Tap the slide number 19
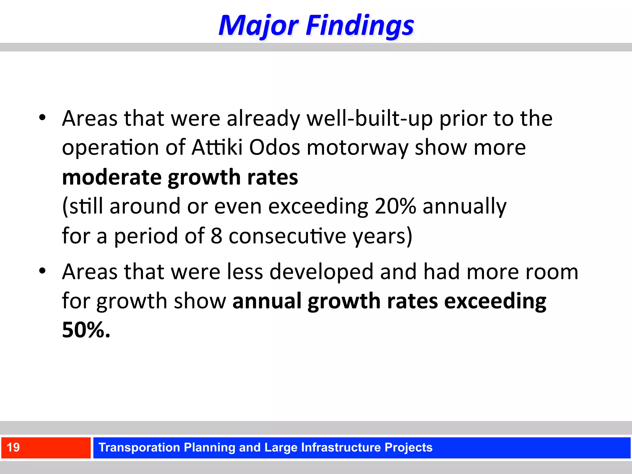(x=13, y=447)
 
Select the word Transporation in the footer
(x=139, y=447)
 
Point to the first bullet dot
(x=43, y=118)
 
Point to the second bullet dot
(x=43, y=271)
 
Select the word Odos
(x=274, y=148)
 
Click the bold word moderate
(x=112, y=177)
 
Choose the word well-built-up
(x=369, y=118)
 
